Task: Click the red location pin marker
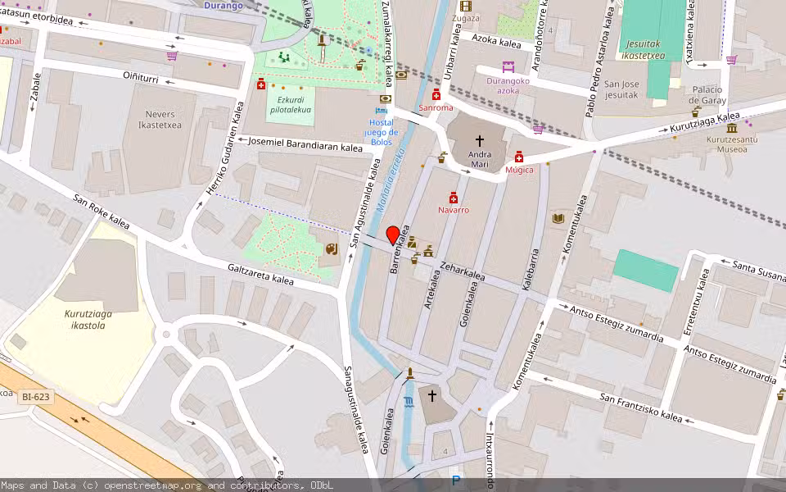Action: tap(393, 235)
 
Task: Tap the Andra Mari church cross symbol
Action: tap(480, 141)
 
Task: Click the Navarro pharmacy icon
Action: tap(454, 198)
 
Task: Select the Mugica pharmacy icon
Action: tap(519, 157)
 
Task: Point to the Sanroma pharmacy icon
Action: tap(436, 96)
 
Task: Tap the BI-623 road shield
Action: tap(35, 397)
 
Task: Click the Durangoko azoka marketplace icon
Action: tap(508, 68)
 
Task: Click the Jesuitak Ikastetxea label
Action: tap(643, 49)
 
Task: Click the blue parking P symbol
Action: tap(456, 481)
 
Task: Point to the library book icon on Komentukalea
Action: tap(558, 219)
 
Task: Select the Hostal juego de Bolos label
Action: tap(381, 132)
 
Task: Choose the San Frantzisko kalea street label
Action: tap(641, 408)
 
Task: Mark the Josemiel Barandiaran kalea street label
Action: tap(305, 144)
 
